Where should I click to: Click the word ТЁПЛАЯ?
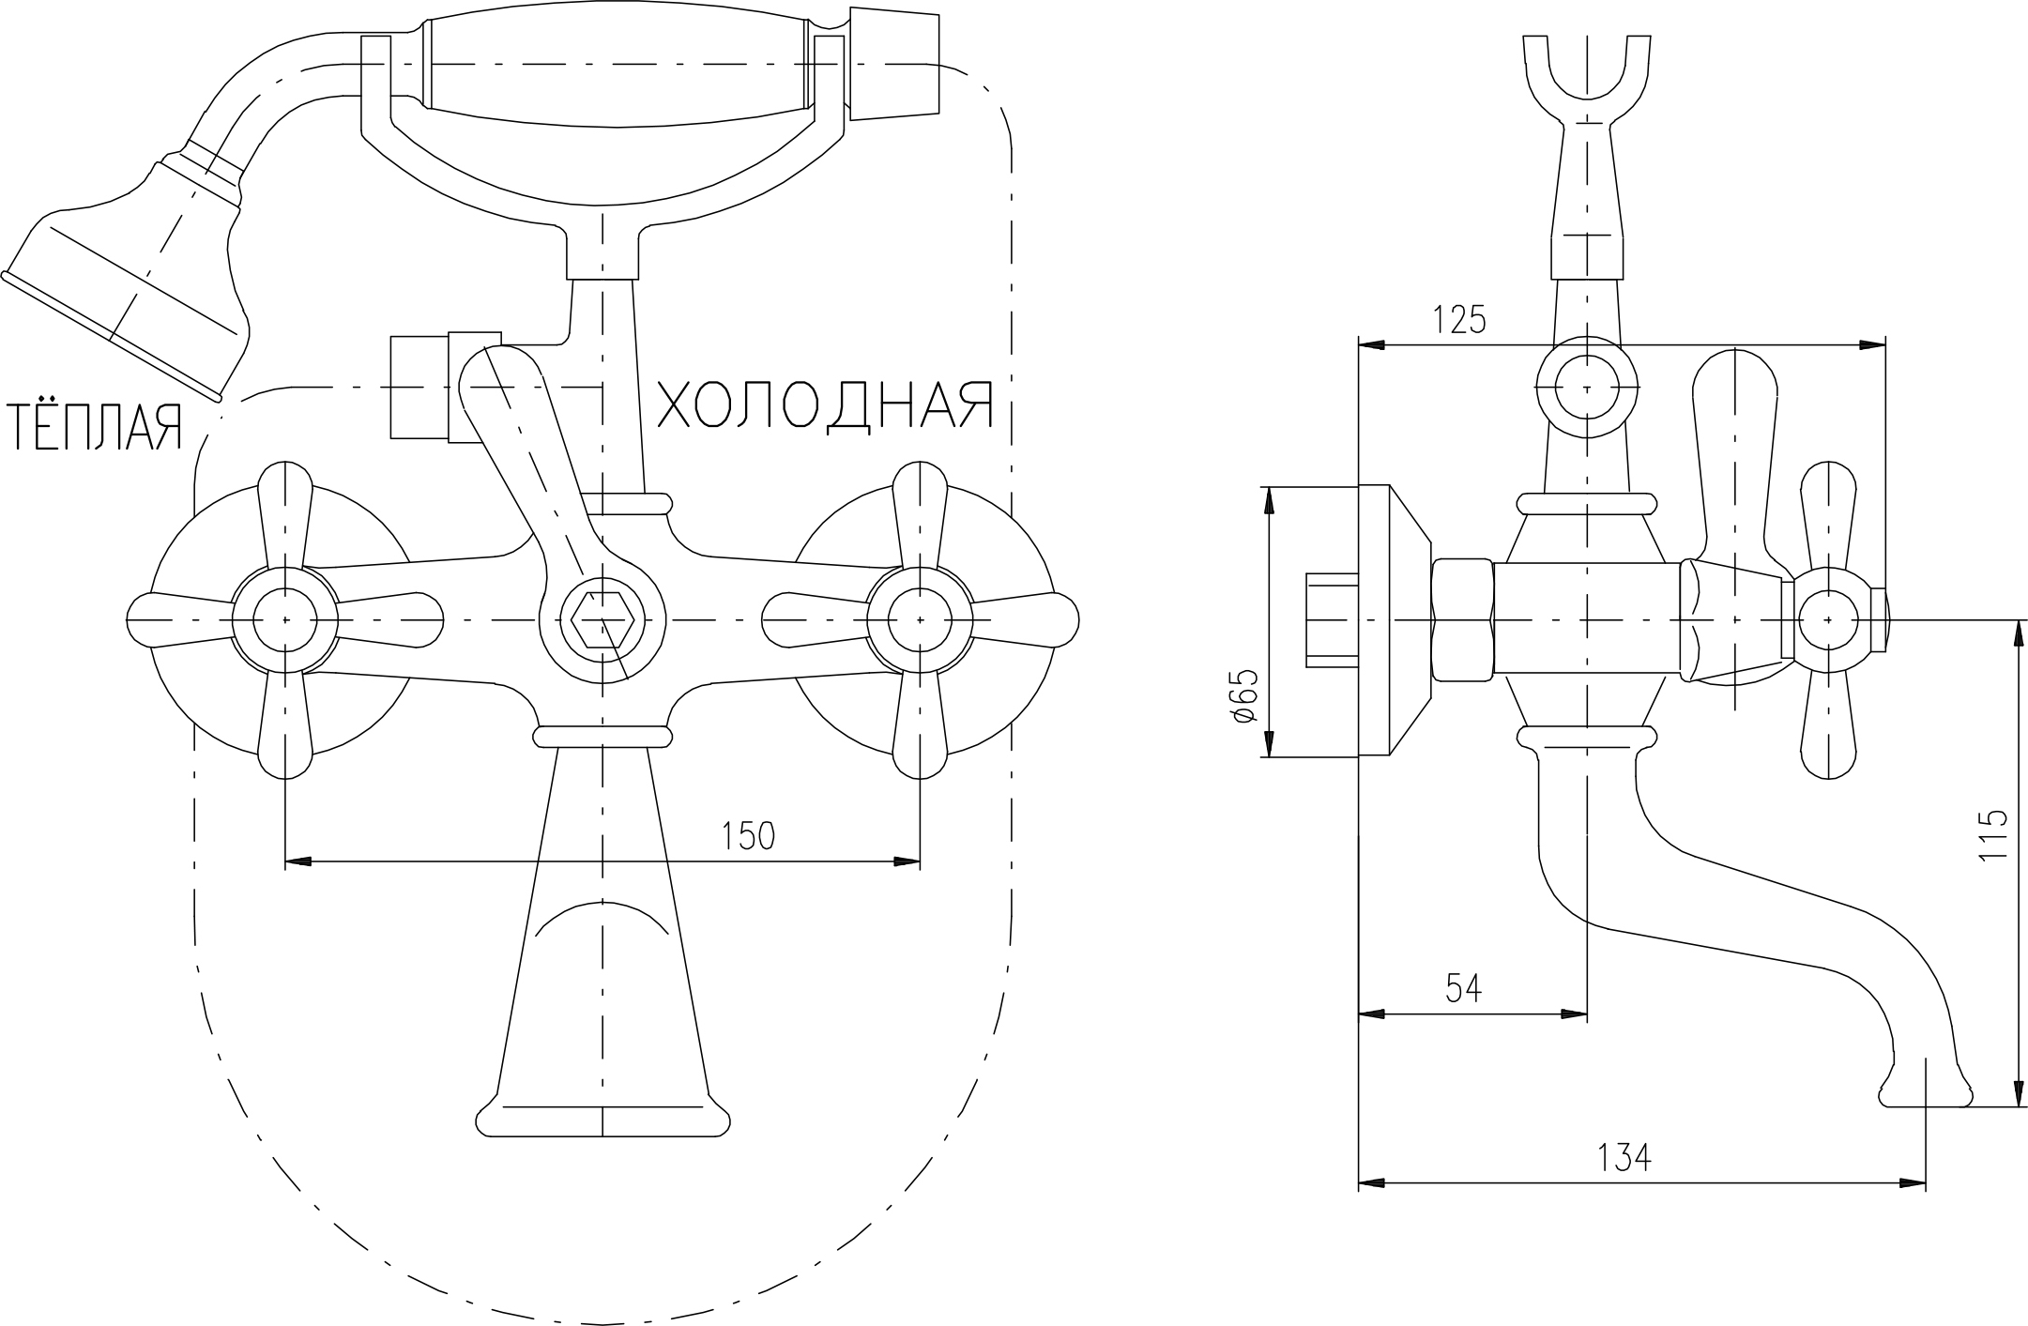pos(95,428)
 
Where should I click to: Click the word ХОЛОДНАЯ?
pos(825,405)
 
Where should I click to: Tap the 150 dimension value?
pos(748,835)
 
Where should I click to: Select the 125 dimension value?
pos(1459,319)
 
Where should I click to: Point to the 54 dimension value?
pos(1464,988)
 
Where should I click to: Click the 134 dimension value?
pos(1624,1157)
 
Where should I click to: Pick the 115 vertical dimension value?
pos(1991,835)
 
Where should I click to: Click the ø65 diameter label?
pos(1244,696)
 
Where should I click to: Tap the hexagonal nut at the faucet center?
pos(602,620)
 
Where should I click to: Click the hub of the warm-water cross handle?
pos(285,620)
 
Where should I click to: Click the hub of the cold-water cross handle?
pos(920,620)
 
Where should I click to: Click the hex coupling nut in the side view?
pos(1463,620)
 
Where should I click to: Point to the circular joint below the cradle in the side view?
pos(1587,388)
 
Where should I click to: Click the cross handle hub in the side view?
pos(1828,620)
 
